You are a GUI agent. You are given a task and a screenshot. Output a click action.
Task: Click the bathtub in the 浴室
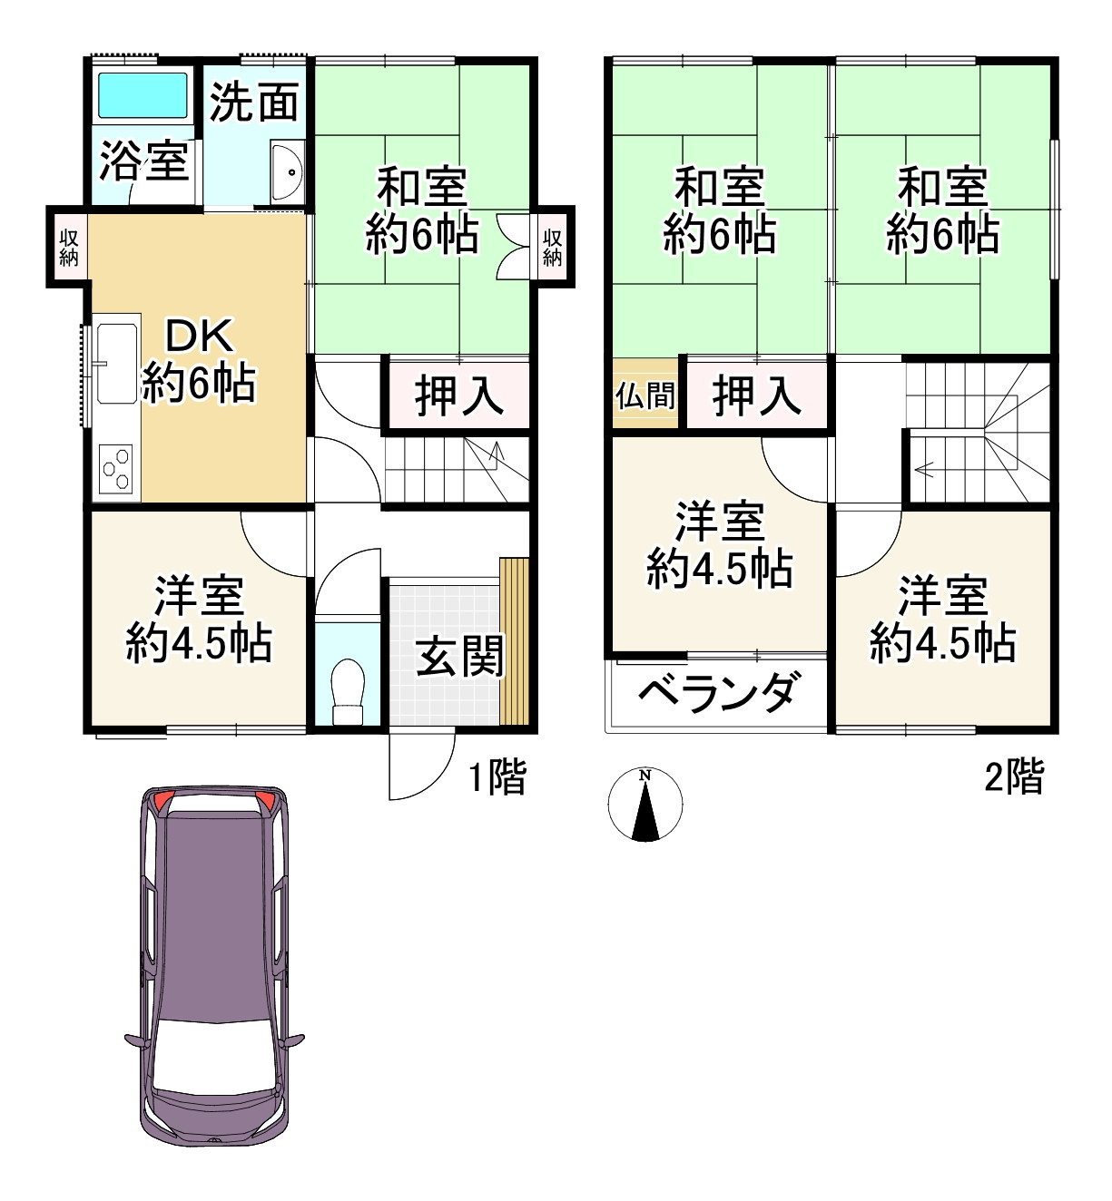[x=143, y=95]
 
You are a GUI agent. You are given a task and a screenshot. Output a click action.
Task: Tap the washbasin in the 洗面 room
[x=289, y=171]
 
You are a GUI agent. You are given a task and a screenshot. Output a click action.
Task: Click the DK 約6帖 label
[x=199, y=360]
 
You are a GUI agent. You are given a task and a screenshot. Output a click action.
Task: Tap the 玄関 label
[x=458, y=656]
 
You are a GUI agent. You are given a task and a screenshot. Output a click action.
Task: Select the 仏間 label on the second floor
[x=645, y=395]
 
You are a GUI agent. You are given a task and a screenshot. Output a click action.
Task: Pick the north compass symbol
[x=645, y=805]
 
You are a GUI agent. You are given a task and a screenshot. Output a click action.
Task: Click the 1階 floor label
[x=497, y=777]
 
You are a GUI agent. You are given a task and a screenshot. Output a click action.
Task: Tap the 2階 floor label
[x=1014, y=777]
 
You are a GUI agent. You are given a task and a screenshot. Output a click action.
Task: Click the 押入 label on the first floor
[x=458, y=396]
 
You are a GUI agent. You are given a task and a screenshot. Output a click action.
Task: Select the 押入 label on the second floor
[x=756, y=396]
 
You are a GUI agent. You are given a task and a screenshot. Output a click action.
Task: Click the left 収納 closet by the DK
[x=69, y=248]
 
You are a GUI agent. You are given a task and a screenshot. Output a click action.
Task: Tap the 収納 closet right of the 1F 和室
[x=553, y=248]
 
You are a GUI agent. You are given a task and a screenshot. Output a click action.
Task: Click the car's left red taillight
[x=162, y=801]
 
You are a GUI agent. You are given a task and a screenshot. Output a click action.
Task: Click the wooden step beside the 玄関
[x=514, y=640]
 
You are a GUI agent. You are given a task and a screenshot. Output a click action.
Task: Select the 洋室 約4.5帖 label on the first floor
[x=199, y=620]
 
